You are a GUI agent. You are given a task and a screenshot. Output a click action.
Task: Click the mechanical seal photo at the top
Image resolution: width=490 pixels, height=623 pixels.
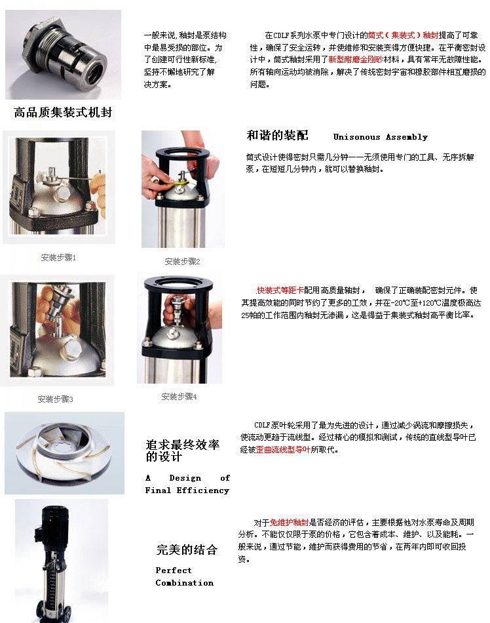click(63, 54)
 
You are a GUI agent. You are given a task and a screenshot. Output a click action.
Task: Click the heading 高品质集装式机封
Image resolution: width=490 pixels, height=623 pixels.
click(63, 112)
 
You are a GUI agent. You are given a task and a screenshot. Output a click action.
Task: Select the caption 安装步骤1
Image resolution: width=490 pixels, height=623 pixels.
click(58, 258)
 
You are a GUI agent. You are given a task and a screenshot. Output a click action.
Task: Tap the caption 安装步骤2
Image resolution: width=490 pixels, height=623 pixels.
click(182, 261)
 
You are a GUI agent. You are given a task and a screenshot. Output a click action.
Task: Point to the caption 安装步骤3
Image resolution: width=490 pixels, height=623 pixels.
click(55, 399)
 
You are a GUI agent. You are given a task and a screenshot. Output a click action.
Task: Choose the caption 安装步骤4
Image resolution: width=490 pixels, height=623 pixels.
click(179, 397)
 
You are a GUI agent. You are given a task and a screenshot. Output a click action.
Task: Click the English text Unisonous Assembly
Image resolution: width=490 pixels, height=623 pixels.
click(380, 137)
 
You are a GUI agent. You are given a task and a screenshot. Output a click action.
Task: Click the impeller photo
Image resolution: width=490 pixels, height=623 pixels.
click(64, 452)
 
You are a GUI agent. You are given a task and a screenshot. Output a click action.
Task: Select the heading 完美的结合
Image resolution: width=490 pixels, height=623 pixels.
click(187, 550)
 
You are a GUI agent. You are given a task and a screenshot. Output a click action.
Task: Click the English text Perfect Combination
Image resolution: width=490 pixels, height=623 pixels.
click(184, 576)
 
